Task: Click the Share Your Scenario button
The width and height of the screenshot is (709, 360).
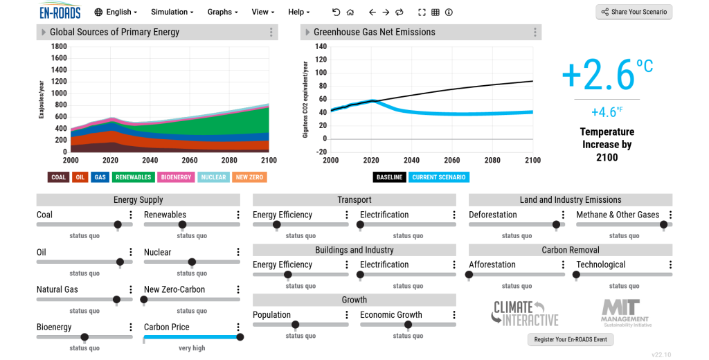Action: point(634,12)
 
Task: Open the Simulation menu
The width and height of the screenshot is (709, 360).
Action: point(172,12)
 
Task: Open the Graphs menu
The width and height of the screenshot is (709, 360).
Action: point(222,12)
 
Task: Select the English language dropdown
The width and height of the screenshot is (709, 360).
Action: point(116,12)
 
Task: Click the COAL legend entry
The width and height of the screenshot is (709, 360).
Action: point(58,177)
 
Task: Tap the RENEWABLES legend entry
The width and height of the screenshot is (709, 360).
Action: point(133,177)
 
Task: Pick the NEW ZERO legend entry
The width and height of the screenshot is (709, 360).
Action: point(249,177)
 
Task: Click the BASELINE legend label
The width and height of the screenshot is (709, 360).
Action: point(389,177)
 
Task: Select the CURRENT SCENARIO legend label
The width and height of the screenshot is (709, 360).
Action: point(439,177)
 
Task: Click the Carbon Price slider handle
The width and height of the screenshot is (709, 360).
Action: point(240,337)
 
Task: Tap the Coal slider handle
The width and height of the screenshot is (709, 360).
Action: point(118,224)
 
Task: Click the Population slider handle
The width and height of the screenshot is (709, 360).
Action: point(295,325)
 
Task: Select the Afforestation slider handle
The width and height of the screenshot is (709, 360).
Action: point(469,275)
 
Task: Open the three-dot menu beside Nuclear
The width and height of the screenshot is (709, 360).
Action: point(238,253)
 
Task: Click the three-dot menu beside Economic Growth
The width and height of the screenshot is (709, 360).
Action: point(454,315)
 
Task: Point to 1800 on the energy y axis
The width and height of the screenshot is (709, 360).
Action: point(59,46)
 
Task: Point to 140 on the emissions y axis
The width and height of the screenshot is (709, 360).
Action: point(321,46)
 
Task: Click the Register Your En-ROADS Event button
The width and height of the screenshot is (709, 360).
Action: point(571,339)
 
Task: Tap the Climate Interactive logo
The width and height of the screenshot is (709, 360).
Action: point(525,313)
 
